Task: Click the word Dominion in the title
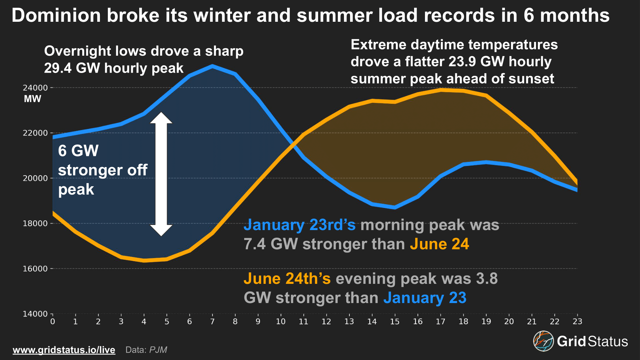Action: click(x=56, y=15)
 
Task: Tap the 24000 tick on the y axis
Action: click(x=35, y=88)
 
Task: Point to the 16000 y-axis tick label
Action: click(x=35, y=269)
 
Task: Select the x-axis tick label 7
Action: click(x=212, y=321)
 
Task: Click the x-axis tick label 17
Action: click(x=440, y=321)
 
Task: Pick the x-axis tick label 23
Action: click(x=577, y=321)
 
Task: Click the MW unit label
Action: click(x=33, y=99)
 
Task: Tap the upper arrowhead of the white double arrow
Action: click(x=161, y=117)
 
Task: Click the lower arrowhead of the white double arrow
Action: click(x=161, y=231)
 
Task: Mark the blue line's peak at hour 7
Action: click(x=212, y=66)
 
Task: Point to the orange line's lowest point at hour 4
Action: click(x=144, y=260)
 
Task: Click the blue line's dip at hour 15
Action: click(x=395, y=207)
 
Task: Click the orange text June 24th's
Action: click(x=287, y=278)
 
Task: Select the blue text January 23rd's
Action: click(x=300, y=225)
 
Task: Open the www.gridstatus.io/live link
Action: click(x=64, y=350)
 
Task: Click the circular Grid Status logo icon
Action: click(x=543, y=341)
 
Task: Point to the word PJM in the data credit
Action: click(x=158, y=350)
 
